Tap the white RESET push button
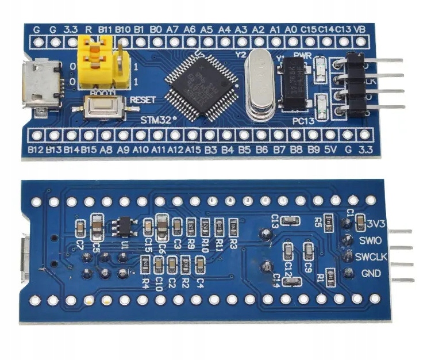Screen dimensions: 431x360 [x=105, y=106]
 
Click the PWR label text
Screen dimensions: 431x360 [x=302, y=55]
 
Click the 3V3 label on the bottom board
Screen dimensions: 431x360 [x=376, y=223]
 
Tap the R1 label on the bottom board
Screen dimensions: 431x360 [x=320, y=277]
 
